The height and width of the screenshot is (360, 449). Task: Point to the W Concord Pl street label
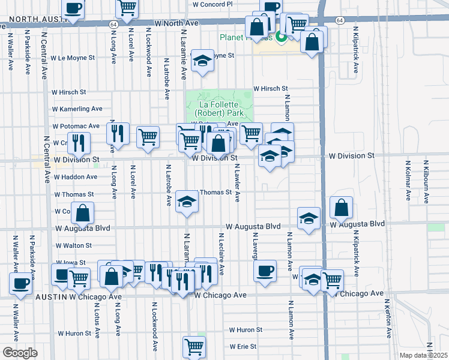pos(212,4)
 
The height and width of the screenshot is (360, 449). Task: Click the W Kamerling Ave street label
pos(77,109)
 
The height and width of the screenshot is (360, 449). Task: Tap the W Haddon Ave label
pos(76,177)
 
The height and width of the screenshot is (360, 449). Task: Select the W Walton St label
pos(73,246)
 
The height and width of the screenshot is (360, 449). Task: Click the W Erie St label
pos(242,347)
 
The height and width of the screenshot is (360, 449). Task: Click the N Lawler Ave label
pos(238,183)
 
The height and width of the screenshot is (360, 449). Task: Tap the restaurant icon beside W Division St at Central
pos(79,142)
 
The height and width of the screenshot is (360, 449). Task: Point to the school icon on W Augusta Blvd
pos(309,218)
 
